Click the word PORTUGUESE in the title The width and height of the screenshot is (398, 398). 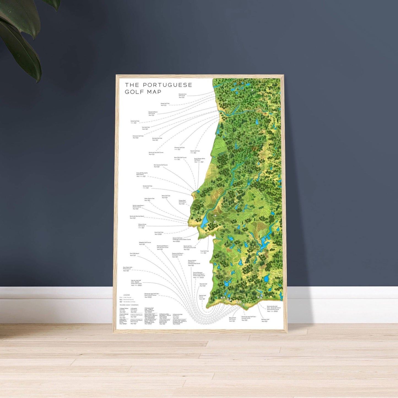167,85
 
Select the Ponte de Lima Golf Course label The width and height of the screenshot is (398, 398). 182,95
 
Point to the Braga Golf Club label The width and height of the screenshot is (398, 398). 165,104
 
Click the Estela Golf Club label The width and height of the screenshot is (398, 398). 135,121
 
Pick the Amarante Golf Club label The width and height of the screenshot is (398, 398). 138,136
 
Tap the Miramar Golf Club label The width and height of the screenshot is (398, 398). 179,148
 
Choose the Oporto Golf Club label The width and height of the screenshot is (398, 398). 195,151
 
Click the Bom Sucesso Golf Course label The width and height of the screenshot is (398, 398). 161,165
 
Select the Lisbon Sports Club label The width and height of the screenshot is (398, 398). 149,198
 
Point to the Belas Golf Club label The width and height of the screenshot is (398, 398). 166,196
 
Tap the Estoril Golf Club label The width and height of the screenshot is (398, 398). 159,232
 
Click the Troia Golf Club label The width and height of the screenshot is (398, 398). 204,251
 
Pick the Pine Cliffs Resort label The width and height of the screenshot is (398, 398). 134,253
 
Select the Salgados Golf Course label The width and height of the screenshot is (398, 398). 145,242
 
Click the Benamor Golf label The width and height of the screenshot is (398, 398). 265,320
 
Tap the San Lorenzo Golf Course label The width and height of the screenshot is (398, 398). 232,318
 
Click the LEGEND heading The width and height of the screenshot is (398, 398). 126,295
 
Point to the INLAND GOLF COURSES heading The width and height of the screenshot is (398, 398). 129,305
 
